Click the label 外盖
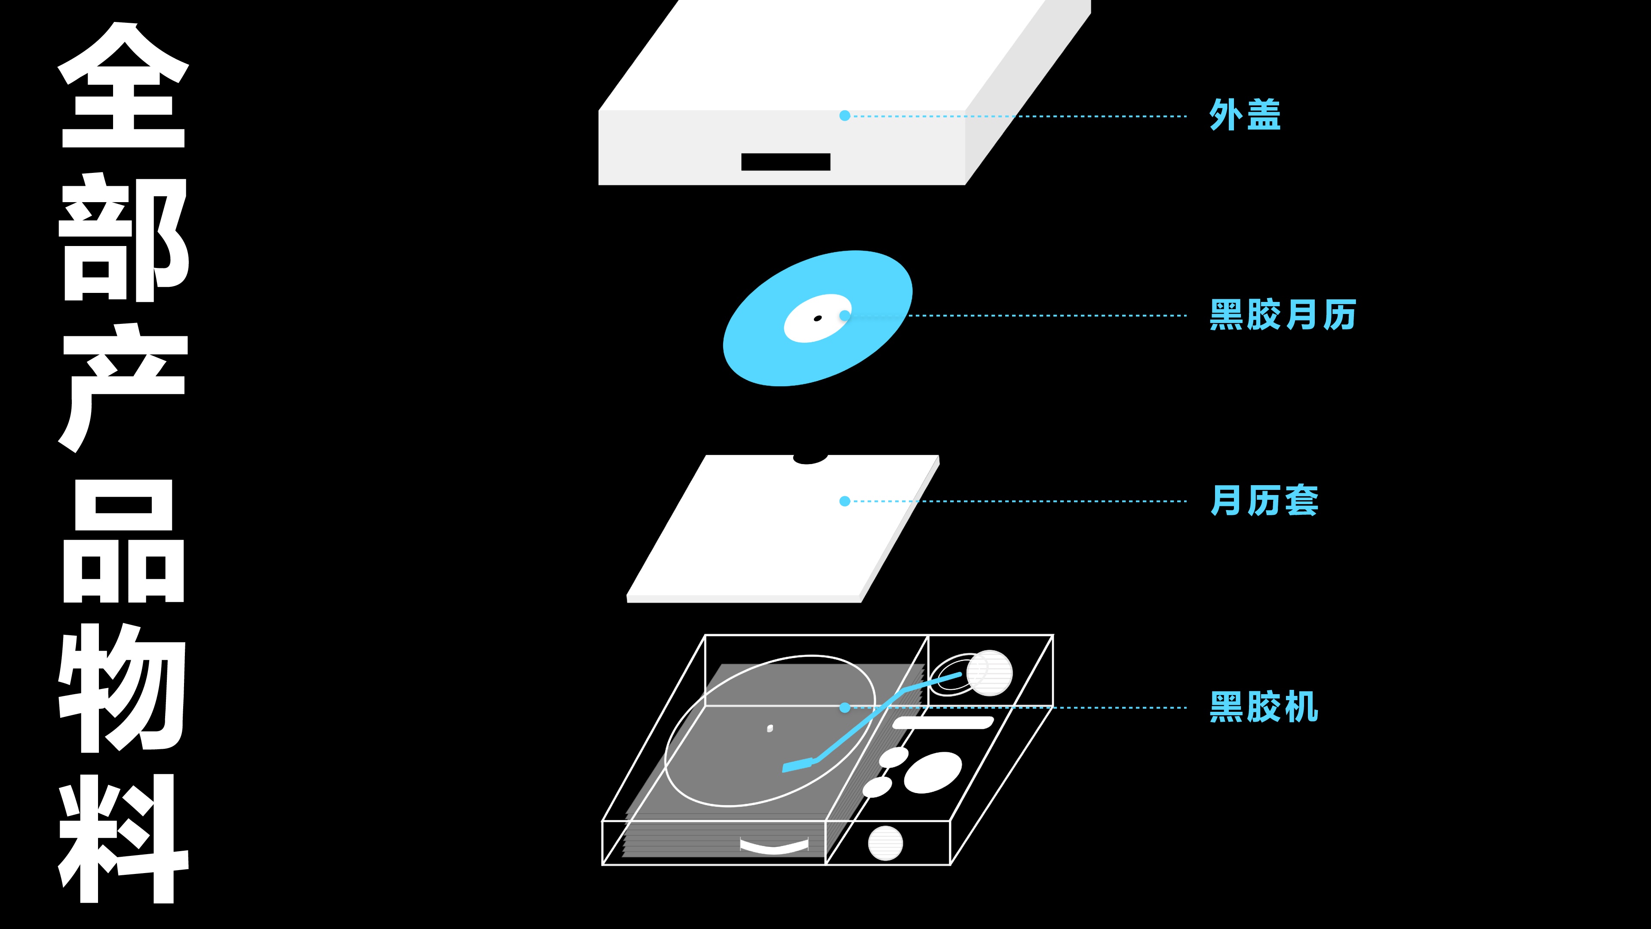[1245, 115]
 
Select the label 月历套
[1264, 500]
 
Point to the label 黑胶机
[1264, 707]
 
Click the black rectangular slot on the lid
[786, 162]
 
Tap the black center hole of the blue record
[817, 318]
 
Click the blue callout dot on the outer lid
[845, 115]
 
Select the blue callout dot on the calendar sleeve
[845, 501]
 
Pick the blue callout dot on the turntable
[845, 707]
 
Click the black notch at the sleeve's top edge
[810, 459]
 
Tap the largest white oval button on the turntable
[933, 772]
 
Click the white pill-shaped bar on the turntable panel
[943, 723]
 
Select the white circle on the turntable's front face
[885, 843]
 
